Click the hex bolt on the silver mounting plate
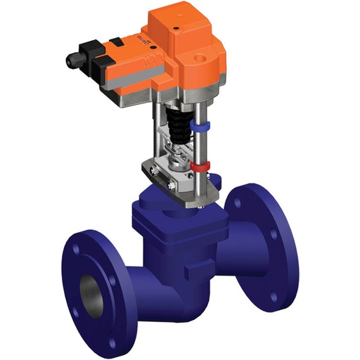coord(171,185)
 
